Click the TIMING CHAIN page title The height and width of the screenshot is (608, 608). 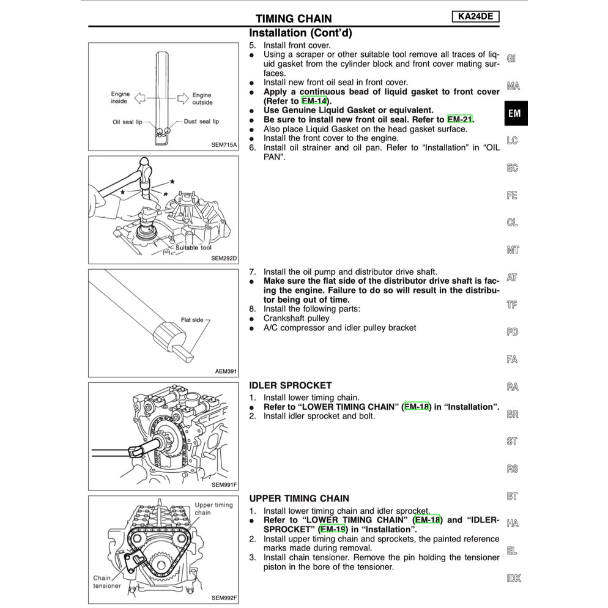pos(294,18)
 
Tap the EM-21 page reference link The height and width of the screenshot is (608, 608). pos(461,119)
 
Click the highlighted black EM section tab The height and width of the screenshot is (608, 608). pos(514,113)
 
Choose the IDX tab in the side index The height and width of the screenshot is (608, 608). pos(514,578)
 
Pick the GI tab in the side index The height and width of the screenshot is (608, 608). pos(511,59)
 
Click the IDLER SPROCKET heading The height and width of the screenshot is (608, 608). pos(291,385)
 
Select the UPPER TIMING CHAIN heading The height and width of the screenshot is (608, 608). pos(299,499)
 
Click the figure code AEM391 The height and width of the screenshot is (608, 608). pos(225,371)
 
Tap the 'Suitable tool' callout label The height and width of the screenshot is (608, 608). pos(193,248)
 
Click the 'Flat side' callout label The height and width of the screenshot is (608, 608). pos(192,320)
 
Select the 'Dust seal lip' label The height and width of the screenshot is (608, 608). pos(201,122)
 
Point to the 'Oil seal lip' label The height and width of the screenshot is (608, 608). pos(127,122)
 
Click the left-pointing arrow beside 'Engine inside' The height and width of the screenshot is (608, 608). pos(140,97)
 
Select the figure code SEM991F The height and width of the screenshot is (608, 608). pos(224,484)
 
